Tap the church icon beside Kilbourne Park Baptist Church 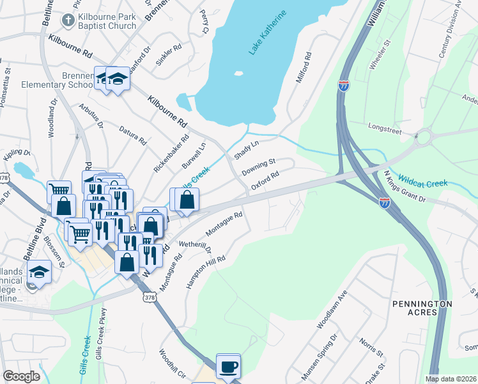[x=66, y=20]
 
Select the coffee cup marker [x=229, y=367]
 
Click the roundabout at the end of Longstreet [x=423, y=136]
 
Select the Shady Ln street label [x=245, y=151]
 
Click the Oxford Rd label [x=265, y=180]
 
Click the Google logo [x=21, y=376]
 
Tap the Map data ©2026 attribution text [x=451, y=379]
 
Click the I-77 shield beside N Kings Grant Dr [x=385, y=203]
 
